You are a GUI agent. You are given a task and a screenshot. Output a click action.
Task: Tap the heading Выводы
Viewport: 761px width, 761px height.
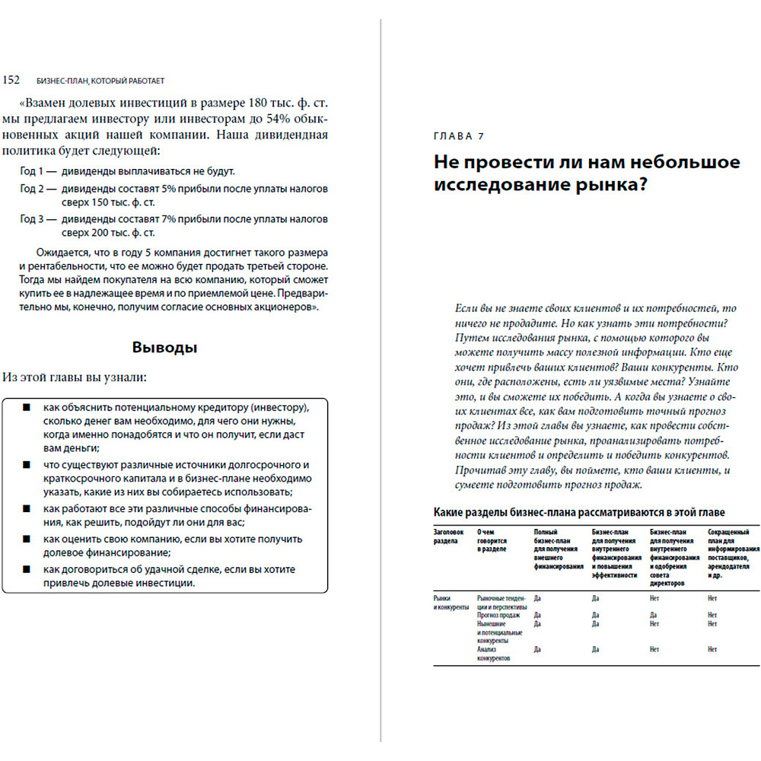(x=164, y=348)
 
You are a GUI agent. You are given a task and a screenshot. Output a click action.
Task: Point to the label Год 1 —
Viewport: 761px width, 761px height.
(x=39, y=171)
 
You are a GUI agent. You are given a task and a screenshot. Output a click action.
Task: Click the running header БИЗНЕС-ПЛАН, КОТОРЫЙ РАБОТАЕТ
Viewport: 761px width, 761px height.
(x=100, y=80)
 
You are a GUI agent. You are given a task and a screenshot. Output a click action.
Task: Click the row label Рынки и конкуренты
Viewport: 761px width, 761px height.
(x=450, y=603)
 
